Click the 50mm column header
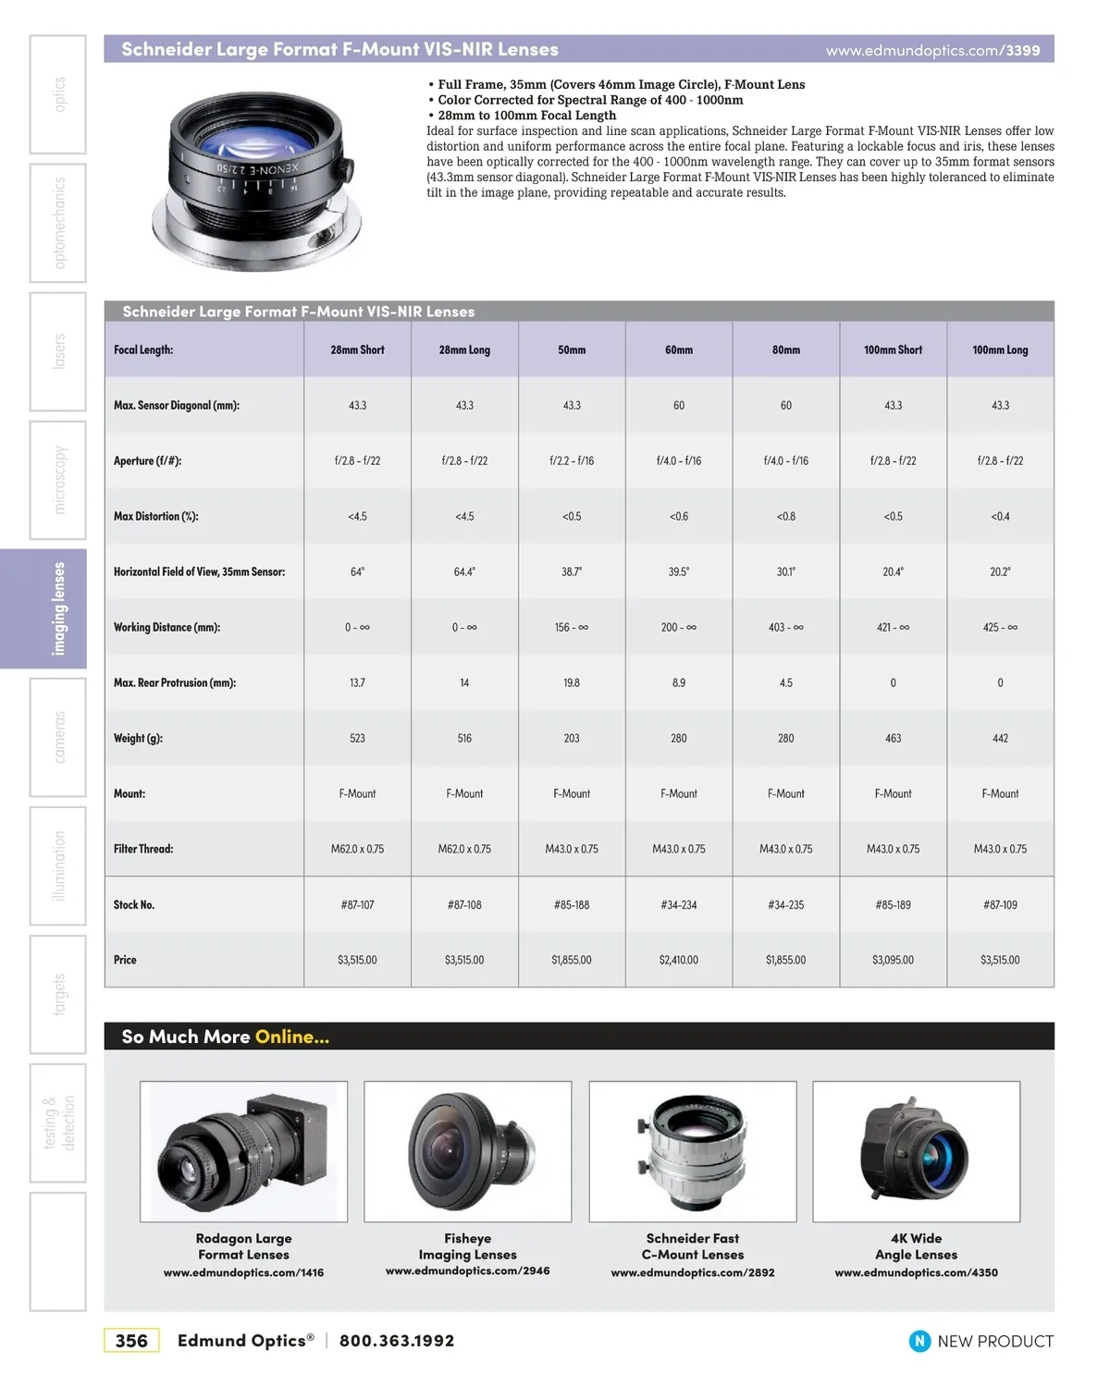coord(572,350)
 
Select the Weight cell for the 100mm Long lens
coord(1000,739)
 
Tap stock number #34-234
coord(679,905)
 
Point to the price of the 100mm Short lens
coord(893,961)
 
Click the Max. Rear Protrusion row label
coord(175,683)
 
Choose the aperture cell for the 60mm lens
coord(679,461)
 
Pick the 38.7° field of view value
coord(572,572)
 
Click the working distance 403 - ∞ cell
coord(785,628)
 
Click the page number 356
coord(131,1341)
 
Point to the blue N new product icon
coord(919,1341)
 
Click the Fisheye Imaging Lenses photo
coord(468,1151)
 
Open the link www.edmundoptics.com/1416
coord(243,1273)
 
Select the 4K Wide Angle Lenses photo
coord(916,1151)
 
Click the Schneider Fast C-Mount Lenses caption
coord(693,1246)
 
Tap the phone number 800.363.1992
coord(397,1341)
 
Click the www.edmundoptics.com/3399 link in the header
coord(932,51)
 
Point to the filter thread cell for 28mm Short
coord(357,850)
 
